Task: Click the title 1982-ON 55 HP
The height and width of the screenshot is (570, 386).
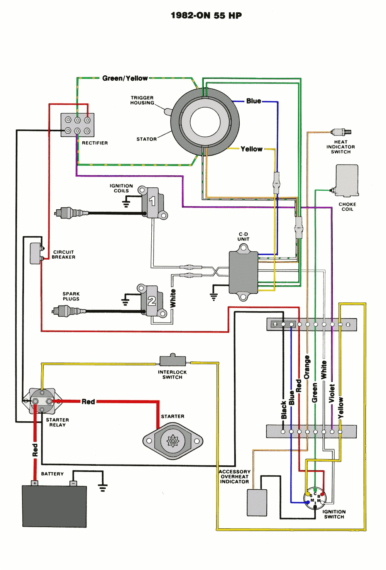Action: [206, 15]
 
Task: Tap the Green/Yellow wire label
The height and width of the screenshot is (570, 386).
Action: [125, 78]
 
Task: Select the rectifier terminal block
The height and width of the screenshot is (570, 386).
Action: [77, 125]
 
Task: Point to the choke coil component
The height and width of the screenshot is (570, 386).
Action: [347, 181]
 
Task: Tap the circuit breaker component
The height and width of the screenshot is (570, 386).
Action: [36, 253]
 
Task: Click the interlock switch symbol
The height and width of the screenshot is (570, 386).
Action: [173, 360]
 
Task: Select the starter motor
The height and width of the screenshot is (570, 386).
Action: [173, 441]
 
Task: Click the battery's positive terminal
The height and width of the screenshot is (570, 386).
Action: [35, 483]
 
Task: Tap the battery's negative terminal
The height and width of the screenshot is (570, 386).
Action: [73, 483]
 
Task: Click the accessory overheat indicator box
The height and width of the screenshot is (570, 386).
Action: [257, 502]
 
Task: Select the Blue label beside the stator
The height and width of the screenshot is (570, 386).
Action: [254, 101]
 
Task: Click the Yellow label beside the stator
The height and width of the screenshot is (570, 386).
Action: [251, 149]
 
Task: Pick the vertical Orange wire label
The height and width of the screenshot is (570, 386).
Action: [307, 367]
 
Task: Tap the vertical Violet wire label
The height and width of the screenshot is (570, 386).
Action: [332, 393]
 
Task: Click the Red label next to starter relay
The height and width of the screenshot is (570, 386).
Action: [88, 402]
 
